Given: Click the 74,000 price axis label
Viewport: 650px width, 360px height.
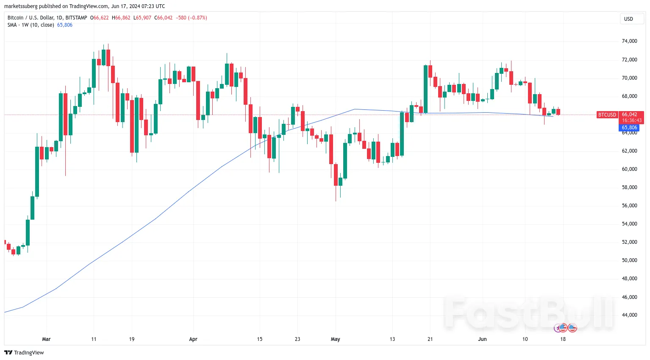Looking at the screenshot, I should click(629, 41).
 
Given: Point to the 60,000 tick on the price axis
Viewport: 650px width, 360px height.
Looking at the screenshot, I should click(629, 169).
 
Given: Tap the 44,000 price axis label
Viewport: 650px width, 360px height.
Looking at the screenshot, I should click(629, 315).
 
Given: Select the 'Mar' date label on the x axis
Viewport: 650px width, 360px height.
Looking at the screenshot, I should click(47, 339).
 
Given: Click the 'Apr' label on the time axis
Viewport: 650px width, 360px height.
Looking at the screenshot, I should click(193, 339).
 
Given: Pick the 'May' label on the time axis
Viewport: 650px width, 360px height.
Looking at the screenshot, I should click(335, 339).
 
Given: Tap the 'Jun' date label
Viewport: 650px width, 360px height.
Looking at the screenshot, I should click(482, 339).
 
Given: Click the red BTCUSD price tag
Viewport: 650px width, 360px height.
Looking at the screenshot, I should click(607, 115).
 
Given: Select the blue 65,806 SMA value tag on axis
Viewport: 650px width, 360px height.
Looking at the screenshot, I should click(629, 128).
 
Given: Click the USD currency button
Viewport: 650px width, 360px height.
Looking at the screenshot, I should click(628, 19).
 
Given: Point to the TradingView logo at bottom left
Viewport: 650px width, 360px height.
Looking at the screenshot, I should click(24, 353).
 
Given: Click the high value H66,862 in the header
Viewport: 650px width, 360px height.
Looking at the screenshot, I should click(121, 18).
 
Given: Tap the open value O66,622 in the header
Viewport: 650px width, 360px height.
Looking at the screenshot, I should click(100, 18).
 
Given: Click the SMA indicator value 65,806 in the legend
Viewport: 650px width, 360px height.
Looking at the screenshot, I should click(65, 25).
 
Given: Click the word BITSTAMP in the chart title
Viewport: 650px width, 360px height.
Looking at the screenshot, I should click(76, 18).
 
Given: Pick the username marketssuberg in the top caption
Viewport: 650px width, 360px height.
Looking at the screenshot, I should click(21, 6).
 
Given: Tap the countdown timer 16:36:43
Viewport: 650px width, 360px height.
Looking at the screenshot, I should click(631, 120).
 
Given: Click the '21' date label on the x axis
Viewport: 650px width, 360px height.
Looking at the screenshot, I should click(430, 339).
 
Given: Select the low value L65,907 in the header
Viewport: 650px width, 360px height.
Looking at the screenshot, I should click(142, 18).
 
